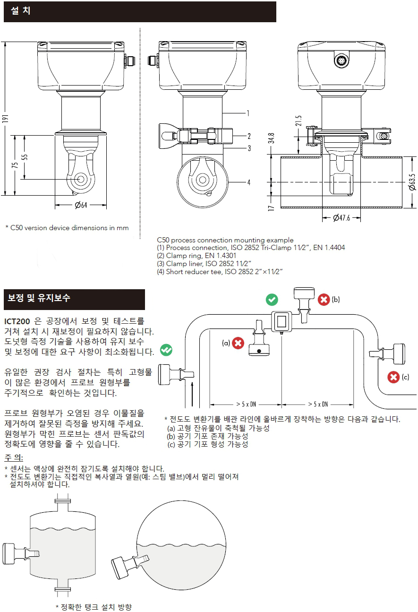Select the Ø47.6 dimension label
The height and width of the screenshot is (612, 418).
(x=341, y=218)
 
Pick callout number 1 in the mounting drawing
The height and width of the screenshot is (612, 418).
(x=248, y=113)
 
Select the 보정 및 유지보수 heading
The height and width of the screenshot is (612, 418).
(x=39, y=298)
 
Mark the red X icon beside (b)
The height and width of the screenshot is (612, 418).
(x=324, y=300)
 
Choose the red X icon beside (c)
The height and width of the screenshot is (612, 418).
(x=393, y=377)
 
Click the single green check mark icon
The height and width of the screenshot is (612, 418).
(x=272, y=299)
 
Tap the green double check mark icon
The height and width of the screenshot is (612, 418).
(x=166, y=350)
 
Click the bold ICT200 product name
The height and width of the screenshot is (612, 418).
(x=17, y=321)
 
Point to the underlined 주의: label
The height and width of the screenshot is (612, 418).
(x=14, y=458)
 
